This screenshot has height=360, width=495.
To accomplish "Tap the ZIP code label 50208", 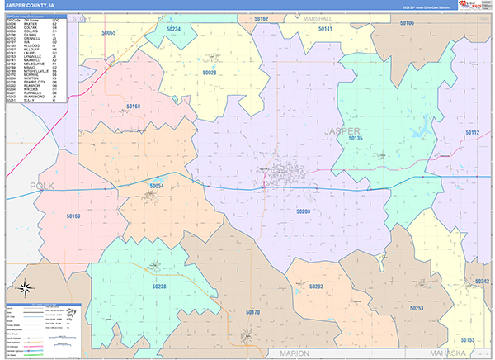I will pyautogui.click(x=303, y=211).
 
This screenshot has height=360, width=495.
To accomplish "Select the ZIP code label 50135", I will pyautogui.click(x=356, y=139).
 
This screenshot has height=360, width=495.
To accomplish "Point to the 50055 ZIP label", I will pyautogui.click(x=108, y=33).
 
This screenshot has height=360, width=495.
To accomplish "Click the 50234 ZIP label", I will pyautogui.click(x=173, y=29).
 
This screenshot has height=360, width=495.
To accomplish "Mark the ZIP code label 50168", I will pyautogui.click(x=134, y=107).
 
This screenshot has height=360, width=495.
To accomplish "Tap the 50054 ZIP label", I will pyautogui.click(x=157, y=187).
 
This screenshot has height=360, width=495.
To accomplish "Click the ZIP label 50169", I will pyautogui.click(x=73, y=216).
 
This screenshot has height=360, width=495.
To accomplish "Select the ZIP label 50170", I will pyautogui.click(x=252, y=312).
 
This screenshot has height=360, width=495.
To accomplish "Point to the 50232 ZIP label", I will pyautogui.click(x=316, y=286).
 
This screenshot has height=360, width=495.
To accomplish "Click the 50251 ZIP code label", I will pyautogui.click(x=416, y=308).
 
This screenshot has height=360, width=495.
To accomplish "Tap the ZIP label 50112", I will pyautogui.click(x=472, y=132).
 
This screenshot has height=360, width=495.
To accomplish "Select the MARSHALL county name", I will pyautogui.click(x=317, y=17).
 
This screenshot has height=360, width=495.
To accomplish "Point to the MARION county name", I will pyautogui.click(x=295, y=353).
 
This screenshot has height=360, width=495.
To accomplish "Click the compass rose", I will pyautogui.click(x=25, y=288).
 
